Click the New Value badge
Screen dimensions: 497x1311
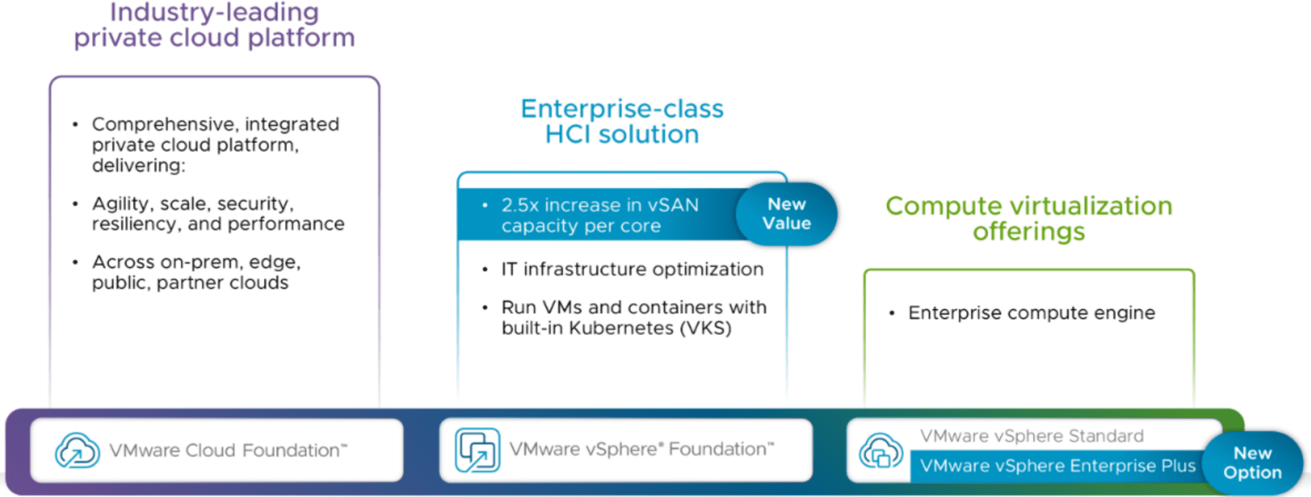[786, 214]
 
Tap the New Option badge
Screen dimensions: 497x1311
[1252, 462]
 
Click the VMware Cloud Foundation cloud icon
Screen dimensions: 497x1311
[77, 450]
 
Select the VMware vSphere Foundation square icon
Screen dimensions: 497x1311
[477, 450]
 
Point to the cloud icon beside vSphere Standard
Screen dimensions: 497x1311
[881, 450]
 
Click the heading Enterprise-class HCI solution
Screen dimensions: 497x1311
[622, 122]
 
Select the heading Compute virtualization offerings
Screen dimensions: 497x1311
[1029, 218]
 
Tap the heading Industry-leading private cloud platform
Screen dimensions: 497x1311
[214, 25]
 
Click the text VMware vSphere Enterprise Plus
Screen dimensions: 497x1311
[1057, 466]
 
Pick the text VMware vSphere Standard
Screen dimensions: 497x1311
[1031, 436]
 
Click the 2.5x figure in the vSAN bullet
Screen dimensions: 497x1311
[520, 205]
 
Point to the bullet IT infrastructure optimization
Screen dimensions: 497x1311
[632, 269]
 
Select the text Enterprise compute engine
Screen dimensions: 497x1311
[1031, 313]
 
